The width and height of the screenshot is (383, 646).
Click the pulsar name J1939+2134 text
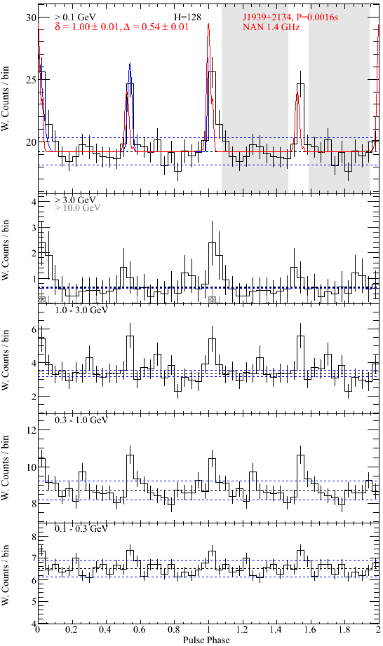[x=264, y=18]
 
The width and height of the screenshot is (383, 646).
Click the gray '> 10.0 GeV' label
[x=77, y=208]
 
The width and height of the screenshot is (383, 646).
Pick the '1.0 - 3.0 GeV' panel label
[x=81, y=310]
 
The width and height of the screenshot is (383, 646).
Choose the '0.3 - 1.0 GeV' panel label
[x=81, y=420]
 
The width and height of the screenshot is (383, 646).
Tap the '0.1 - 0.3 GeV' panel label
[x=81, y=529]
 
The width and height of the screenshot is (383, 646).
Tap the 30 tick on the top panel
[x=32, y=18]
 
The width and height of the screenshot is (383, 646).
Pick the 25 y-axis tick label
[x=32, y=79]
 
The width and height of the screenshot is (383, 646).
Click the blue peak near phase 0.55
[x=130, y=64]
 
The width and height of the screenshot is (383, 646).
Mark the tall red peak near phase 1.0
[x=208, y=24]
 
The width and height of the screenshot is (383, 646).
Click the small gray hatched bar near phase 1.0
[x=213, y=299]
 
